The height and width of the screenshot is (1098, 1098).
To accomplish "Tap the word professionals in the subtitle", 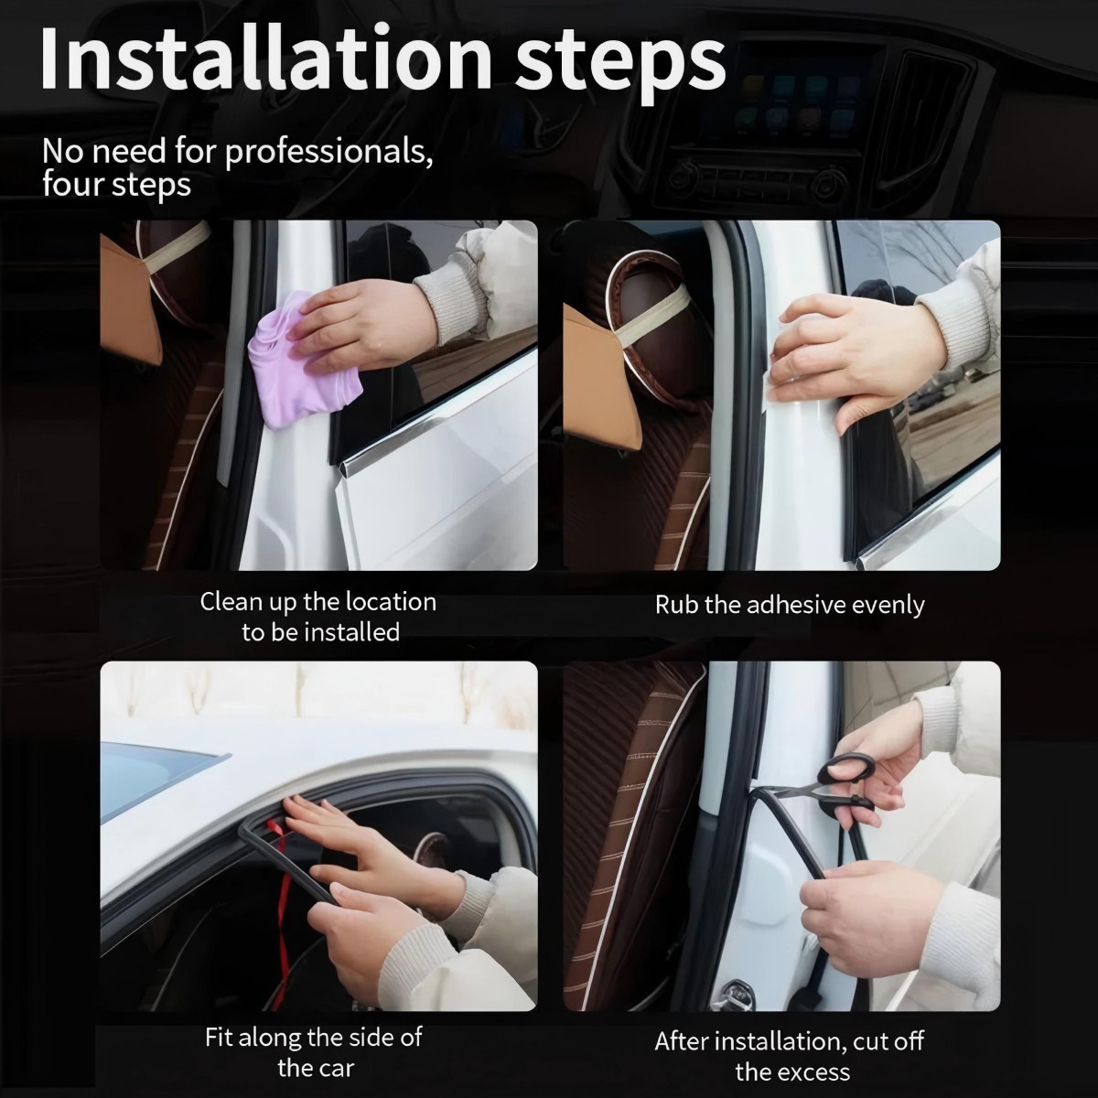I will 328,151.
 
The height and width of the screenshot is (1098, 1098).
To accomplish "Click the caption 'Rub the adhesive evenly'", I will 789,605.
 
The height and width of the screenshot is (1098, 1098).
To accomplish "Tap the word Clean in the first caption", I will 231,602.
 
